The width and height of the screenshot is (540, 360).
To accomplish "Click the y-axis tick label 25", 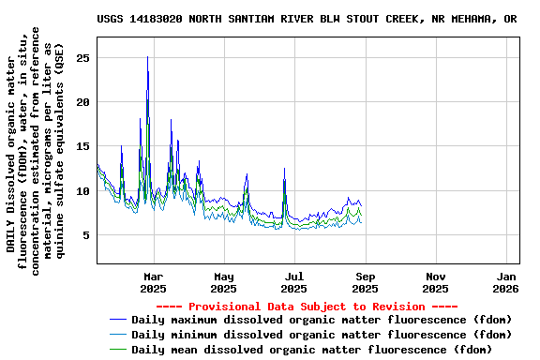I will [82, 58].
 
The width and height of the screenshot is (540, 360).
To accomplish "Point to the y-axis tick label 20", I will [82, 102].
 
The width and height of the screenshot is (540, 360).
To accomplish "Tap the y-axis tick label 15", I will [82, 146].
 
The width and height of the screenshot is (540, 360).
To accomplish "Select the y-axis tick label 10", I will [82, 191].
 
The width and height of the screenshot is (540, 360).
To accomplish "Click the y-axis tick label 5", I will [86, 235].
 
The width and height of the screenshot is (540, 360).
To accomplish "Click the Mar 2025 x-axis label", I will [154, 282].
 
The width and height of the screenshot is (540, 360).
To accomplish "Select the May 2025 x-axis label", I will [224, 282].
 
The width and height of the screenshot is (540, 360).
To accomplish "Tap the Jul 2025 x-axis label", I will [294, 282].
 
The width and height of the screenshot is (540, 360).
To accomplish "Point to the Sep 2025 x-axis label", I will [366, 282].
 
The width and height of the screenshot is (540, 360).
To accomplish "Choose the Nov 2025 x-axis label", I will [436, 282].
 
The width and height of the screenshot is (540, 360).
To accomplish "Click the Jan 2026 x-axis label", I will [506, 282].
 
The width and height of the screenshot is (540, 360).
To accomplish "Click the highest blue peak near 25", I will [147, 58].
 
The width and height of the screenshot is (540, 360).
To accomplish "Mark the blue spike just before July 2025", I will [284, 170].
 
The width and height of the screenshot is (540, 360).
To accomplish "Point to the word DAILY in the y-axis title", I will [12, 234].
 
